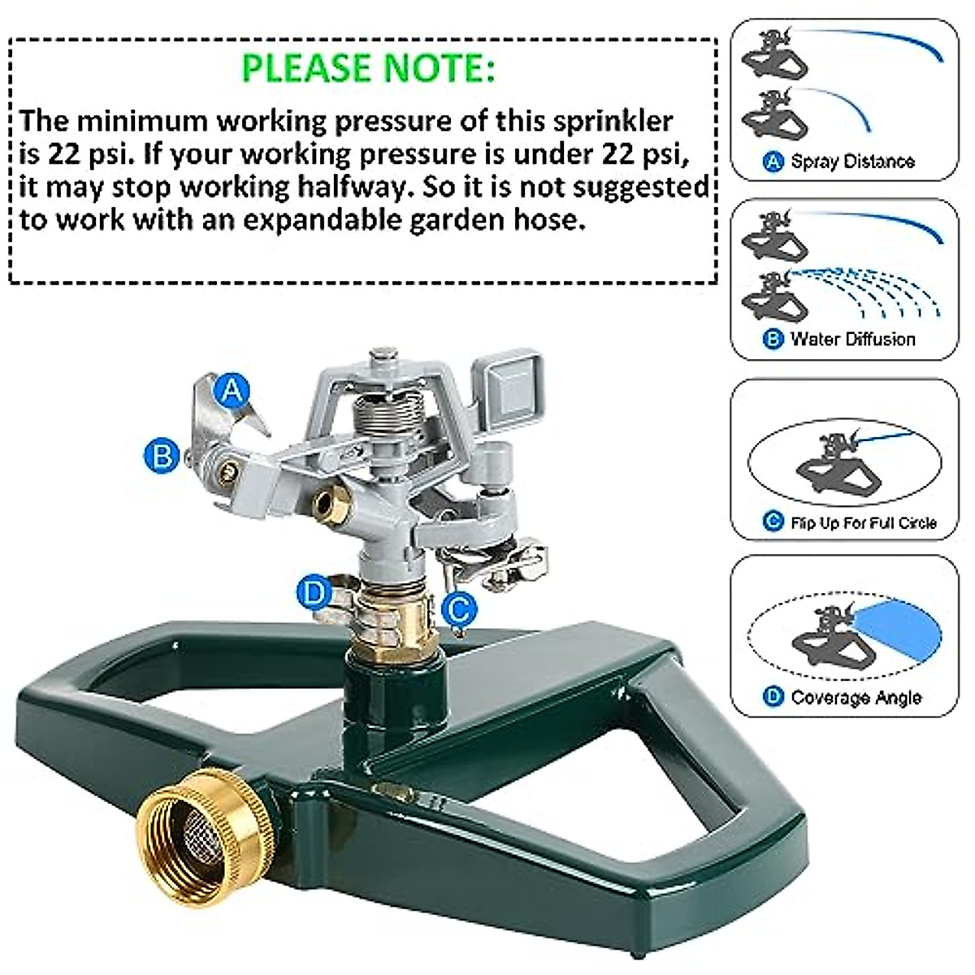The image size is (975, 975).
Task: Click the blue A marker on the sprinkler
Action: pos(232,391)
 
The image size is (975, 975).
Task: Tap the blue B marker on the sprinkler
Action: pos(161,454)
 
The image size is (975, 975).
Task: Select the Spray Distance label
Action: pos(852,162)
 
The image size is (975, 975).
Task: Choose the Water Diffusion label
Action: pos(852,339)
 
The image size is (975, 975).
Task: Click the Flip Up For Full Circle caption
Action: pos(863,522)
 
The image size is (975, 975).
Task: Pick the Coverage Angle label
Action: pos(856,697)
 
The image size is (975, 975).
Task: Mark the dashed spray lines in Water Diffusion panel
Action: pos(877,292)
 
